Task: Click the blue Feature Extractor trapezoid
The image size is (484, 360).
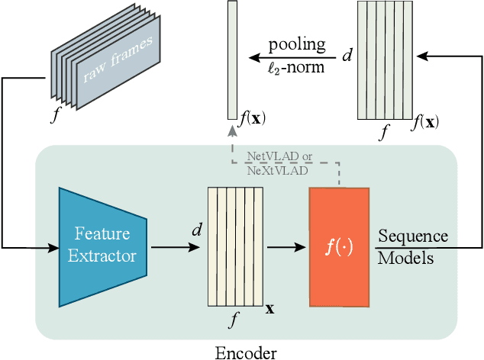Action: coord(102,245)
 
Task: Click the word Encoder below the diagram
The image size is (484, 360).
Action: coord(246,352)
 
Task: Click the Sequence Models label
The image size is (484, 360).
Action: coord(412,246)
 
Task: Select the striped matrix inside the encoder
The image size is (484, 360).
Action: coord(237,246)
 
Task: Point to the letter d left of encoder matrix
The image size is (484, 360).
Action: coord(197,228)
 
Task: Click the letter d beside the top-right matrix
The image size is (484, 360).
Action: coord(347,56)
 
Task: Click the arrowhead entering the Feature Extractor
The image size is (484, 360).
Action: coord(54,247)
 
